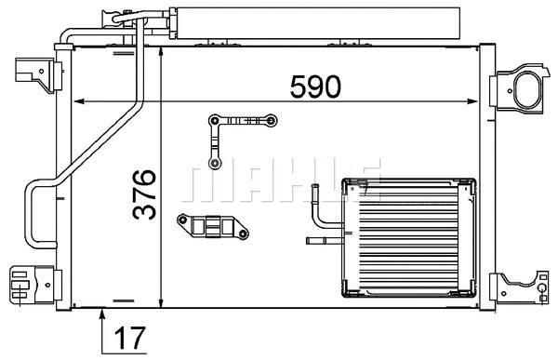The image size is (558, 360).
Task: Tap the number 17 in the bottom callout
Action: (x=131, y=338)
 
